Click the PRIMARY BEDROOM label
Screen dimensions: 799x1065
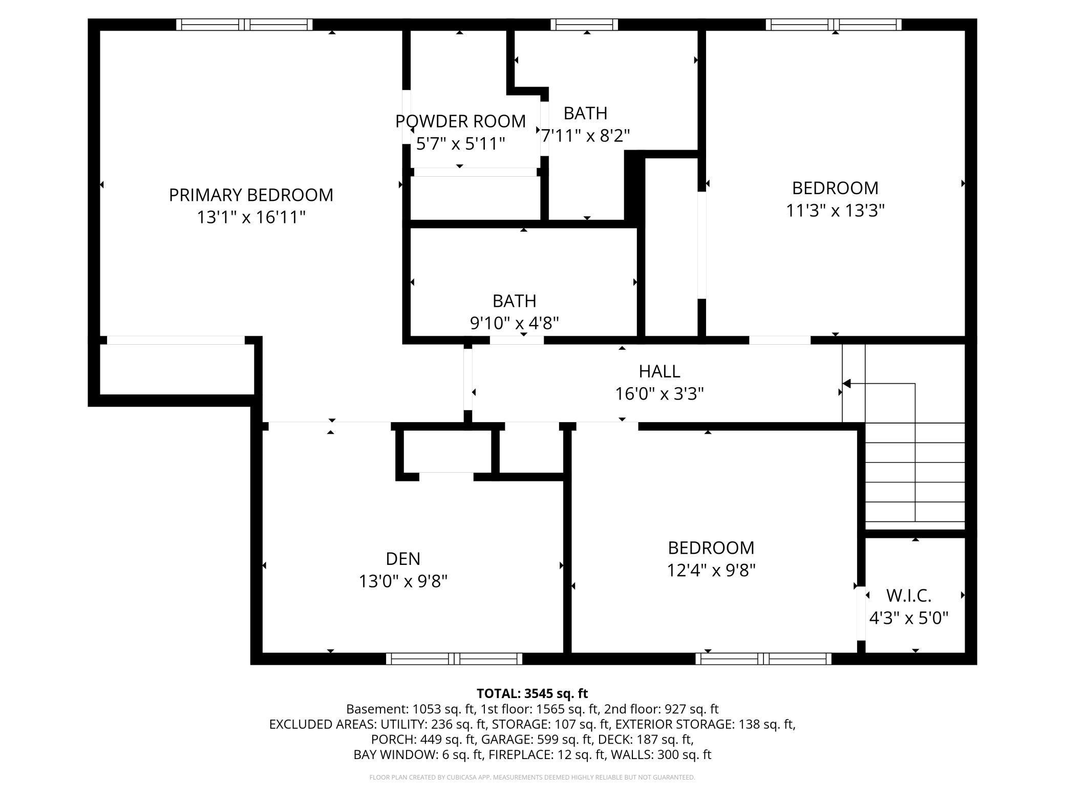pyautogui.click(x=251, y=195)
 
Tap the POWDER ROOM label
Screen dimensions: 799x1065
pyautogui.click(x=460, y=121)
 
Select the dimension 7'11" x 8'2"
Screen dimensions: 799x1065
pyautogui.click(x=585, y=136)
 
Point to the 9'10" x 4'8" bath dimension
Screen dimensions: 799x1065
pyautogui.click(x=514, y=323)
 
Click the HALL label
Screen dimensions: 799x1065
pyautogui.click(x=659, y=371)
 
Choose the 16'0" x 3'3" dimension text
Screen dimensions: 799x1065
pyautogui.click(x=659, y=394)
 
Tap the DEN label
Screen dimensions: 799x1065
pyautogui.click(x=403, y=559)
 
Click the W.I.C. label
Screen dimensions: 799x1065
pyautogui.click(x=908, y=596)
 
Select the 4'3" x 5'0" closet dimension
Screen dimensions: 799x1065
pyautogui.click(x=908, y=618)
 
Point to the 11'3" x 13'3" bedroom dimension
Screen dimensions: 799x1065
pyautogui.click(x=835, y=211)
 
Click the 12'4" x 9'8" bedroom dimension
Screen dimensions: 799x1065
pyautogui.click(x=711, y=570)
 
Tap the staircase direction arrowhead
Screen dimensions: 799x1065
pyautogui.click(x=846, y=384)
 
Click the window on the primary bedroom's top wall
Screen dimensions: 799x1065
pyautogui.click(x=244, y=25)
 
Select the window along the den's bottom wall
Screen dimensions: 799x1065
pyautogui.click(x=454, y=659)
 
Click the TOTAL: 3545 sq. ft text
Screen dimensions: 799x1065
pyautogui.click(x=532, y=693)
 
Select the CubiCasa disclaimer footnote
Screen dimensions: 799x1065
pyautogui.click(x=532, y=777)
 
